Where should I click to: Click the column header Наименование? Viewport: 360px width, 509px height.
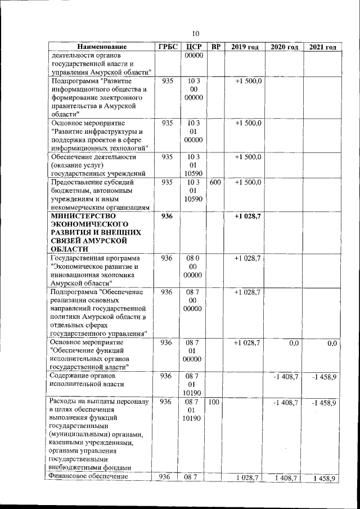pyautogui.click(x=102, y=47)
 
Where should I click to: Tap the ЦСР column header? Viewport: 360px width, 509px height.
pyautogui.click(x=193, y=47)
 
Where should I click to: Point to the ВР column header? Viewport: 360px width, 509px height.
pyautogui.click(x=216, y=47)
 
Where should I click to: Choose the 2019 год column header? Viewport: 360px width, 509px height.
pyautogui.click(x=245, y=47)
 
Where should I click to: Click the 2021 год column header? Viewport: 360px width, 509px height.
pyautogui.click(x=322, y=47)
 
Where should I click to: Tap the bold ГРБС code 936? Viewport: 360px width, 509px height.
pyautogui.click(x=166, y=217)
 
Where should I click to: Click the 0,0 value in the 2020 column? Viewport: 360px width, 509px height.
pyautogui.click(x=294, y=343)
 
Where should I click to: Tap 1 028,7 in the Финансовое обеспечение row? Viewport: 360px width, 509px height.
pyautogui.click(x=247, y=478)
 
